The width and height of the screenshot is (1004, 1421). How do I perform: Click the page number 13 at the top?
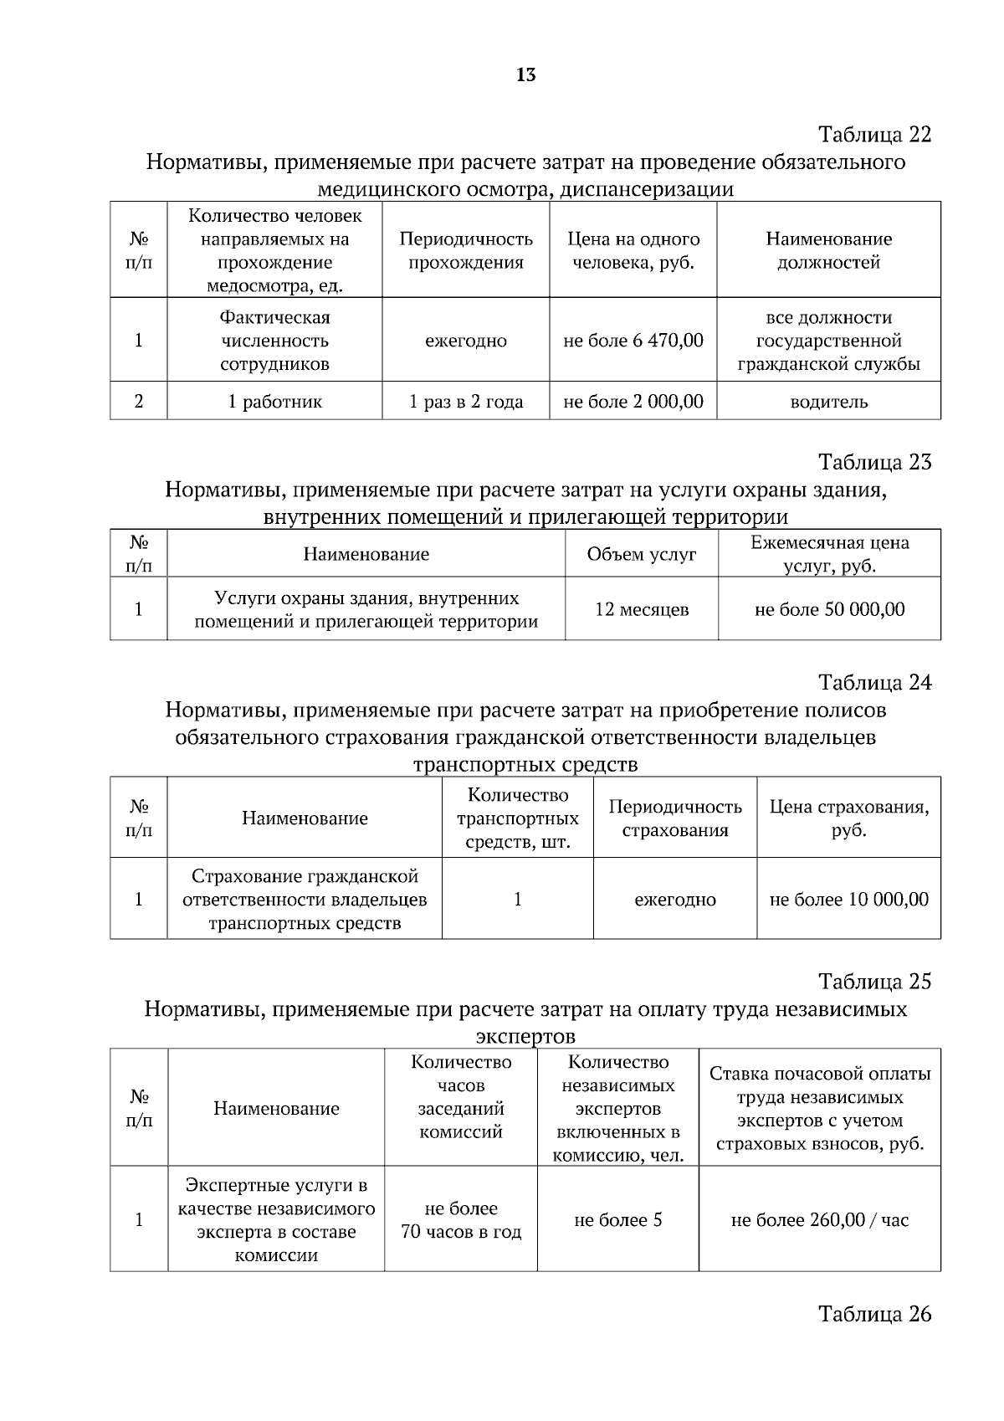point(526,75)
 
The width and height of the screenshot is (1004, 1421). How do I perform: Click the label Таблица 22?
point(874,135)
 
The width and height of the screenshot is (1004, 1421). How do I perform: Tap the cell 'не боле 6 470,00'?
point(633,341)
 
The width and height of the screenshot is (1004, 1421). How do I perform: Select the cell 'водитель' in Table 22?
point(829,402)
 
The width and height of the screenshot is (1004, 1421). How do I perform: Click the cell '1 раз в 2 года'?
point(466,402)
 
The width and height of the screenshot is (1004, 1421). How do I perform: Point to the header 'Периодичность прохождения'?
point(466,250)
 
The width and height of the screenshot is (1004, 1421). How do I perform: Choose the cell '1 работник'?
point(274,402)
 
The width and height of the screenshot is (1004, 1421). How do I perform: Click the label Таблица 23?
point(874,462)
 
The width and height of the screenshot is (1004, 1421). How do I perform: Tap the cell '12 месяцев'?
point(642,609)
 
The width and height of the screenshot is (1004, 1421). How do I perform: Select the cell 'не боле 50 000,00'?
point(829,609)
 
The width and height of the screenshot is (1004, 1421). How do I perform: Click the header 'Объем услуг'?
point(642,554)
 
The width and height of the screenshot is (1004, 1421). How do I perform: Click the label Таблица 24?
point(874,682)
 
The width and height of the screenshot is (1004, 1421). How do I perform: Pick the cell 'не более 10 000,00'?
point(848,900)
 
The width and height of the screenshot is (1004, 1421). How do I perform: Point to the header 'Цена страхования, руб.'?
point(848,818)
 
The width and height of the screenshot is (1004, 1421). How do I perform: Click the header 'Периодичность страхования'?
point(675,818)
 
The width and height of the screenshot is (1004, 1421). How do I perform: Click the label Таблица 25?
point(874,981)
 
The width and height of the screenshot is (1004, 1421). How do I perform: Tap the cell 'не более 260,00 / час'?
point(819,1220)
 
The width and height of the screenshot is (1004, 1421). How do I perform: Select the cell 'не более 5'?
point(617,1220)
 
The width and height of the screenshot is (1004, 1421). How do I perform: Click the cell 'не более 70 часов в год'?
point(461,1220)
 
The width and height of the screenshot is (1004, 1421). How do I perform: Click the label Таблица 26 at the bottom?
point(874,1314)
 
